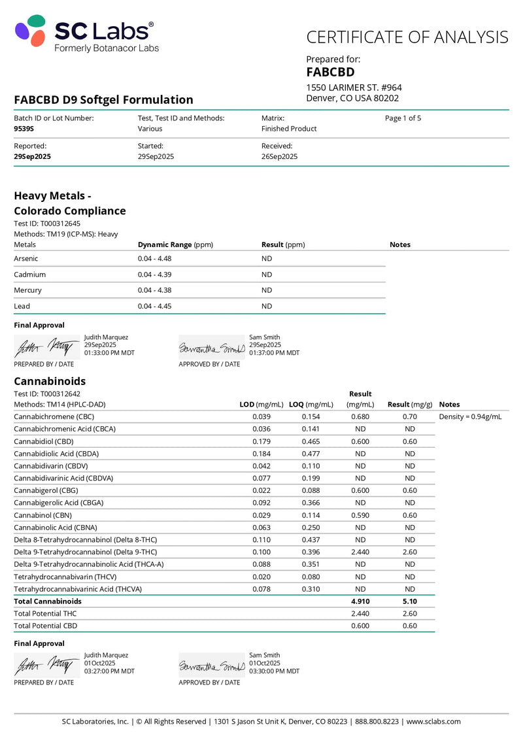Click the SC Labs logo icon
[30, 31]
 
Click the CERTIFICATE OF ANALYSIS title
[407, 37]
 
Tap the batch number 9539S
[24, 129]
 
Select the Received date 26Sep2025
[279, 156]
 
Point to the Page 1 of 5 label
[403, 118]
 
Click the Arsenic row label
[26, 258]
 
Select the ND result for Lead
[267, 306]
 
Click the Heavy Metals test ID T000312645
[47, 224]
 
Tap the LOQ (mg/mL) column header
[311, 405]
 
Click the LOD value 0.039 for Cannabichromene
[261, 416]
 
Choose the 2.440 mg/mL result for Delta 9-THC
[360, 552]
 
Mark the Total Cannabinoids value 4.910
[360, 601]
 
